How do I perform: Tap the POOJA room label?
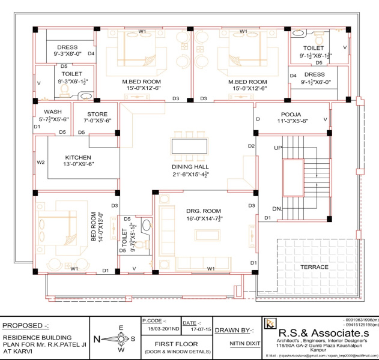(x=290, y=113)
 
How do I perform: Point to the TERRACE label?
(x=314, y=266)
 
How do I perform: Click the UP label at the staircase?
(x=277, y=147)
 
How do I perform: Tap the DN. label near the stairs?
(x=277, y=208)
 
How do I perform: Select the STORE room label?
(x=97, y=114)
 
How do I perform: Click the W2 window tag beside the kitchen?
(x=41, y=162)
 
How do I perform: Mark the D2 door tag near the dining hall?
(x=252, y=146)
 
